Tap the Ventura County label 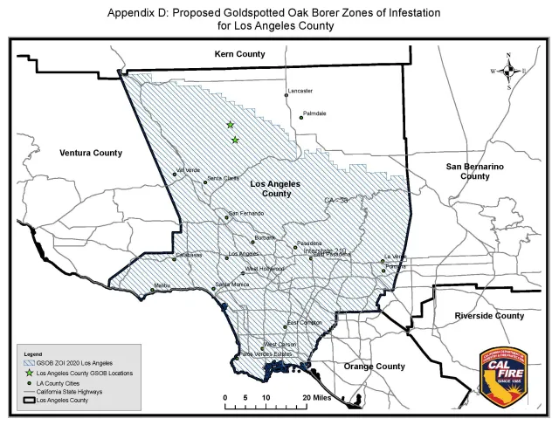tap(91, 153)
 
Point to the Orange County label tap(374, 366)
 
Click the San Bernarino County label tap(474, 170)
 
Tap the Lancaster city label tap(300, 91)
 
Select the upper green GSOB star tap(231, 125)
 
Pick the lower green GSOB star tap(235, 140)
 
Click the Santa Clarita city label tap(223, 179)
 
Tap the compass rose tap(509, 72)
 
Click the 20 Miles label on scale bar tap(316, 397)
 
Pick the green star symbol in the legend tap(29, 372)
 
